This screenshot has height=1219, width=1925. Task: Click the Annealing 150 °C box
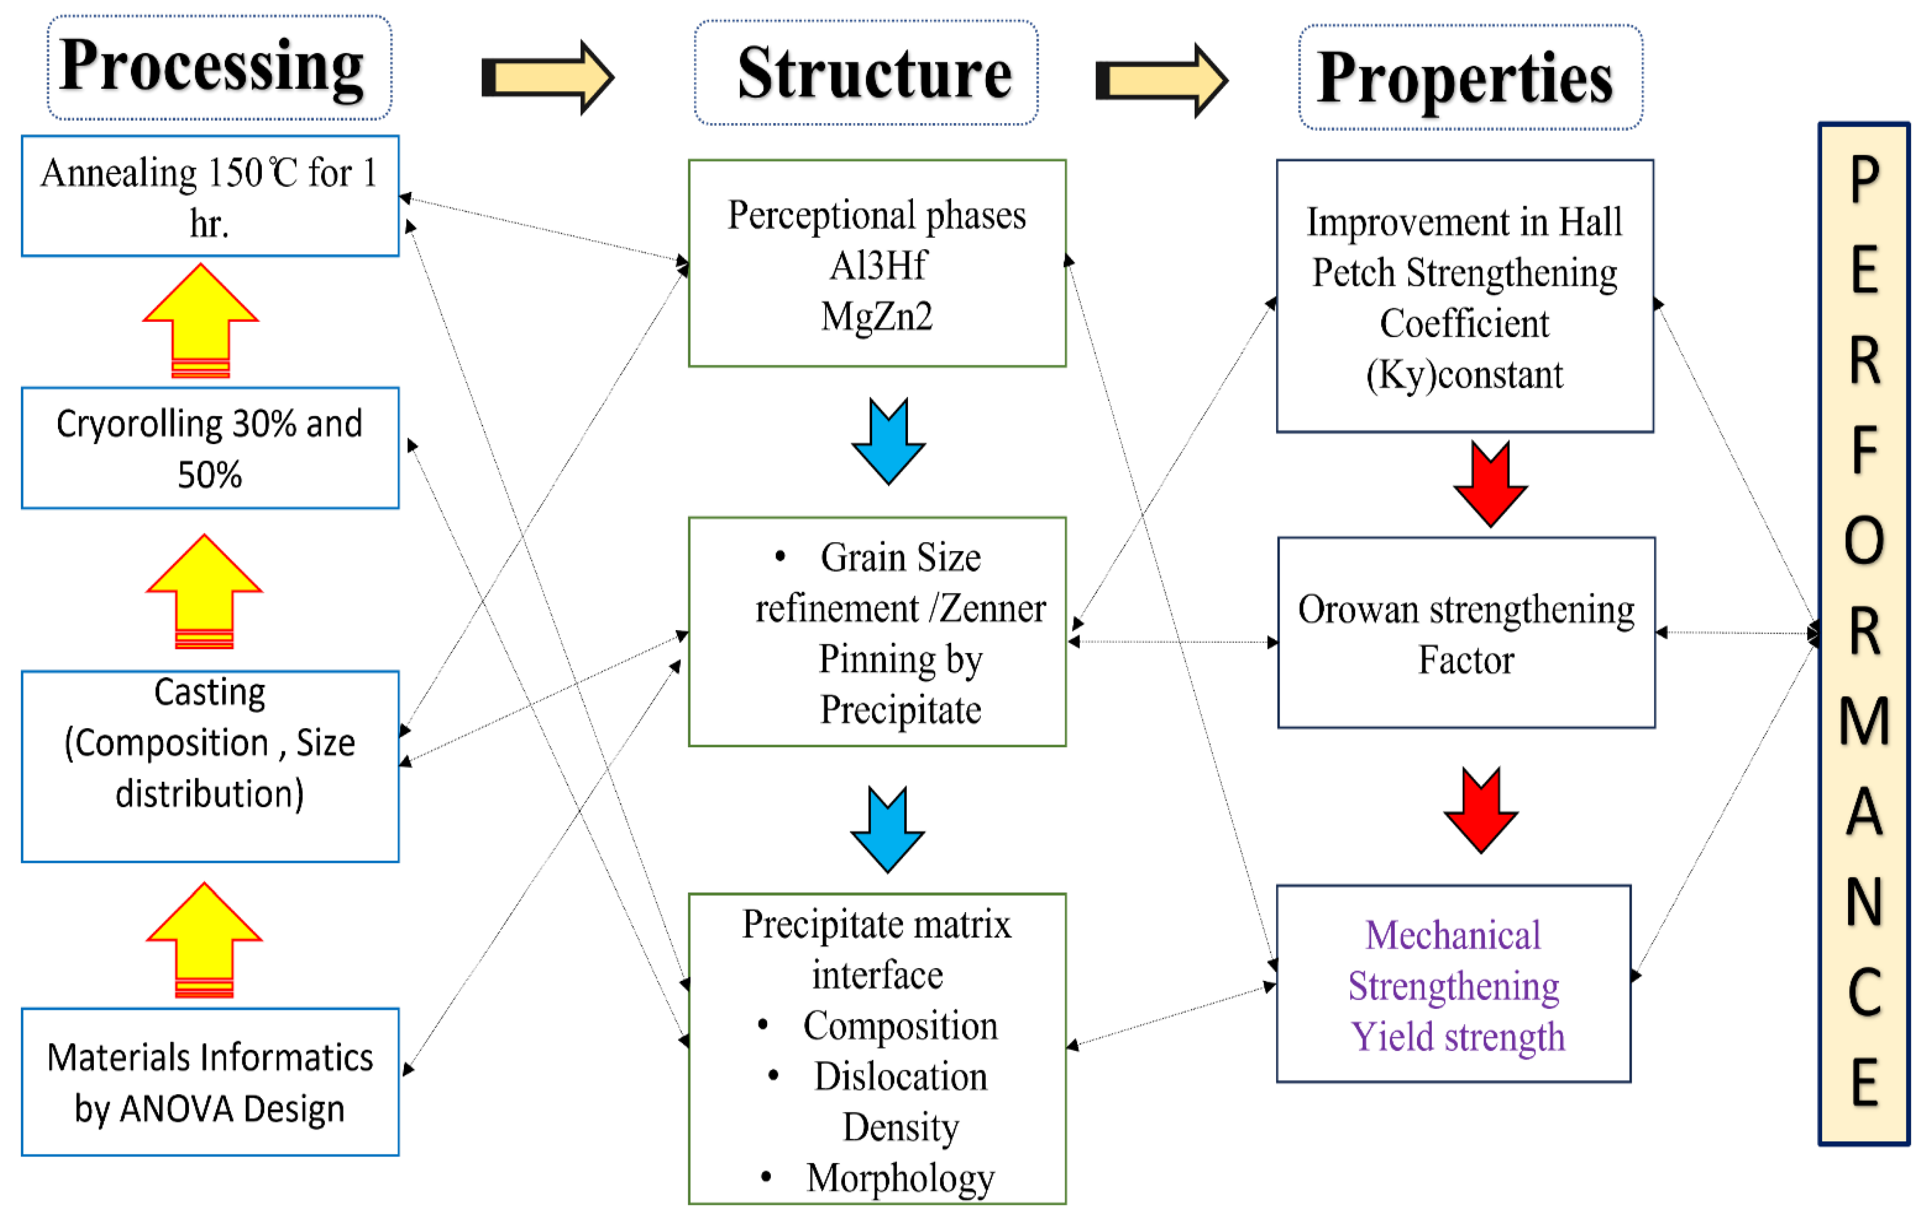[x=210, y=196]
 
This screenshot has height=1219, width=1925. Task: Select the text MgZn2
[x=877, y=316]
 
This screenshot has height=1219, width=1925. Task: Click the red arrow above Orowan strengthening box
[x=1490, y=484]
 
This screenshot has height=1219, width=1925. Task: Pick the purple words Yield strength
[x=1457, y=1037]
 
